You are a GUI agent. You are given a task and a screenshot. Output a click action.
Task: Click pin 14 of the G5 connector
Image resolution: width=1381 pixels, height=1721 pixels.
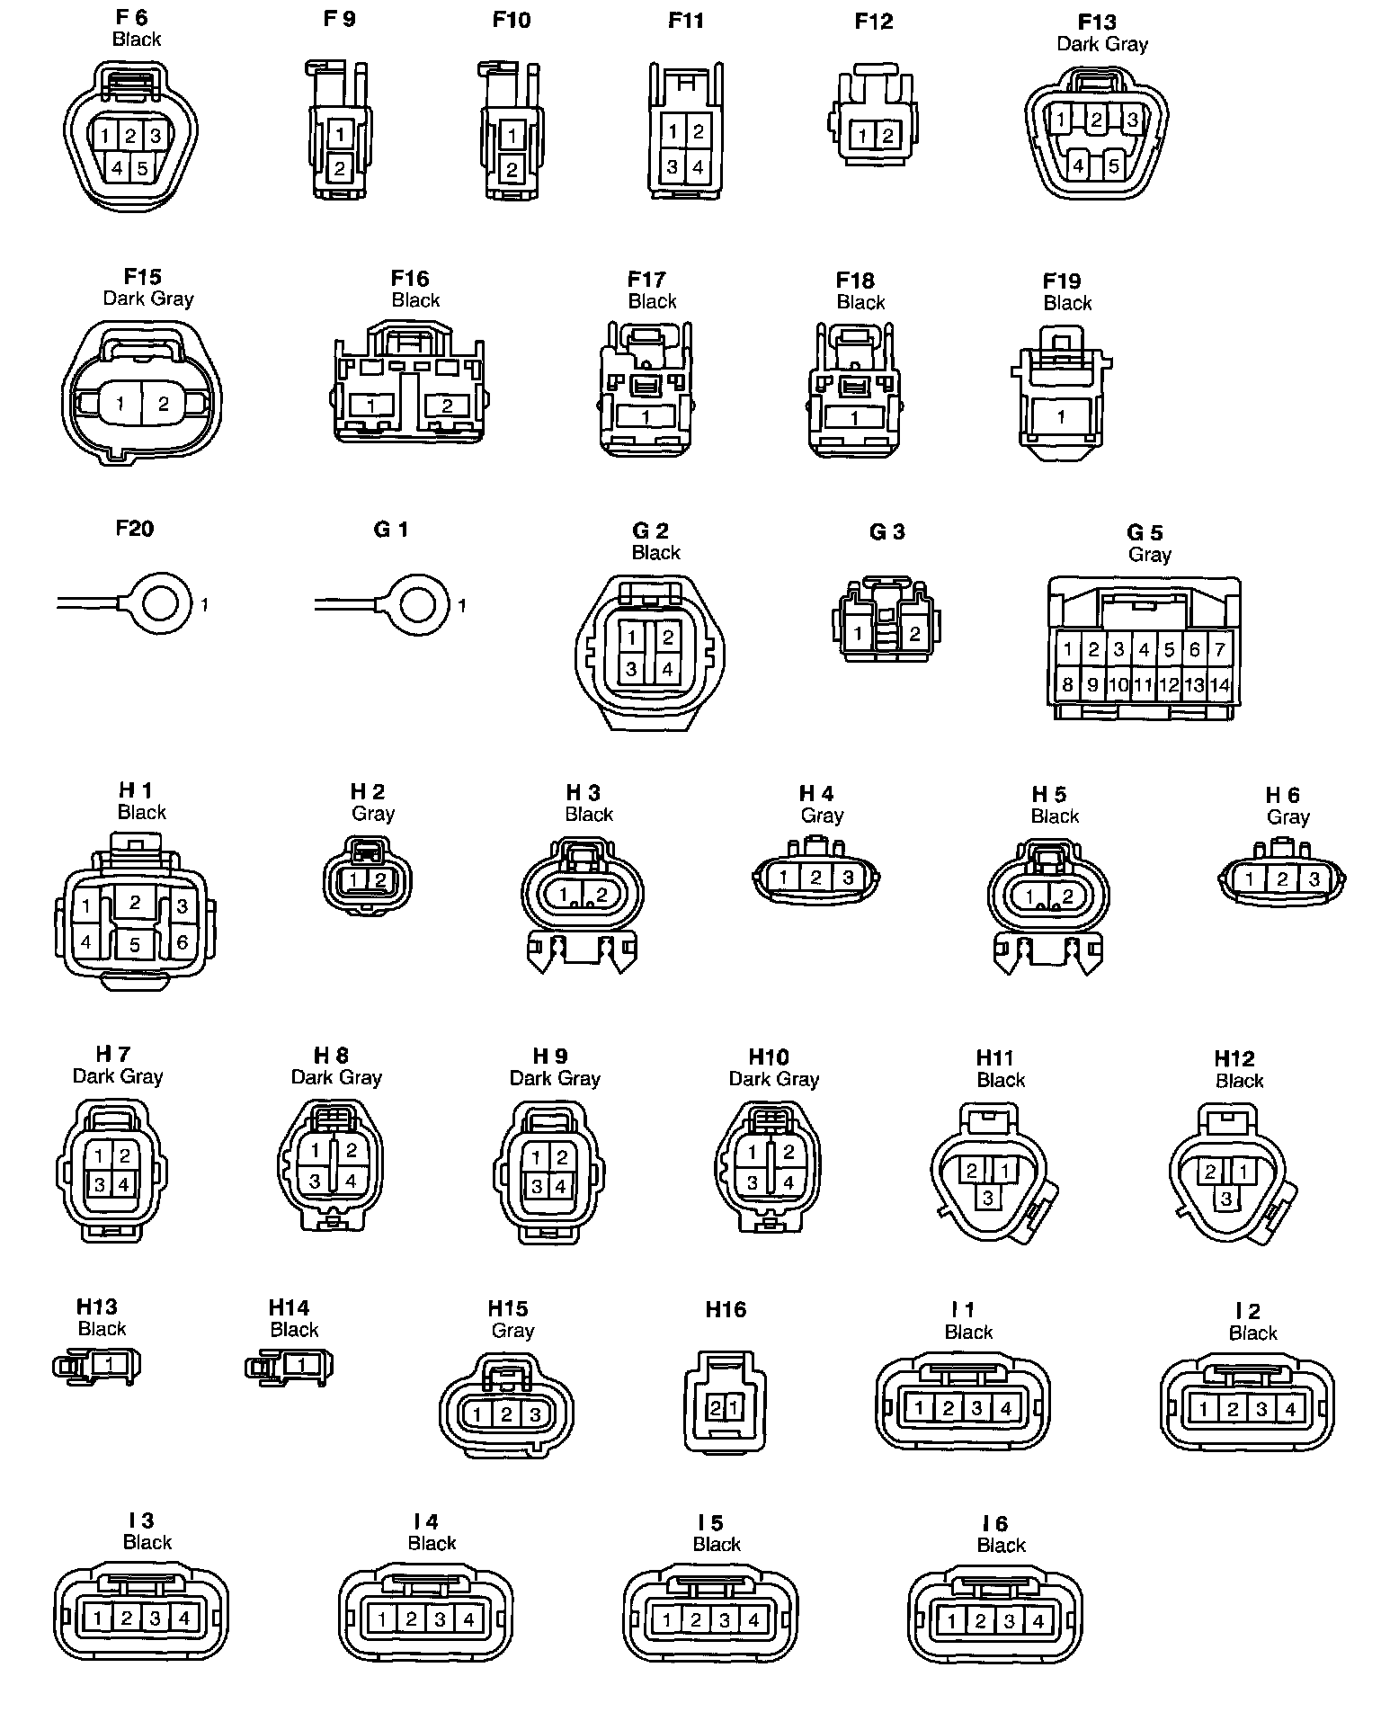coord(1219,684)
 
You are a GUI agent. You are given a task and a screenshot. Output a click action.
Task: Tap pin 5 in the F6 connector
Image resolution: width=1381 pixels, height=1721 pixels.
coord(142,168)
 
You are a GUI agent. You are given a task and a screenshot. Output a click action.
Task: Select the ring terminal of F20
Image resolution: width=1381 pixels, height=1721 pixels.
coord(161,603)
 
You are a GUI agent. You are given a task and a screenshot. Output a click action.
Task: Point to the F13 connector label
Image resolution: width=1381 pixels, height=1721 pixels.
coord(1097,22)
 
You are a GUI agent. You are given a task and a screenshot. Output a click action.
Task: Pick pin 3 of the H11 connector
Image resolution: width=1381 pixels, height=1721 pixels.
coord(988,1198)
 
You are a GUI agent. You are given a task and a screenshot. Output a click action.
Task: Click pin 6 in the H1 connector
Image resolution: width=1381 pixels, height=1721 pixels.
coord(183,942)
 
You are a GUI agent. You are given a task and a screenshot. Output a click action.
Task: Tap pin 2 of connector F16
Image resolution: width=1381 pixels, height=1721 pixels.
coord(447,406)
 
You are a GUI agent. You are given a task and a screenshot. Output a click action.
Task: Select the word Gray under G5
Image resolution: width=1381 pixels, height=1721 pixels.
coord(1149,555)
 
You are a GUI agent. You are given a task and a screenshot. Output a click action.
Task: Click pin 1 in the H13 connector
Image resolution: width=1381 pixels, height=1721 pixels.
coord(110,1363)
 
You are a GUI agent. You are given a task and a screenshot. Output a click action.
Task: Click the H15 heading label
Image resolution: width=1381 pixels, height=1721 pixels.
coord(508,1308)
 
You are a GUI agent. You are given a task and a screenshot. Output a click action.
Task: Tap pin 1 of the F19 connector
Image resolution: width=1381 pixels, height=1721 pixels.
coord(1062,417)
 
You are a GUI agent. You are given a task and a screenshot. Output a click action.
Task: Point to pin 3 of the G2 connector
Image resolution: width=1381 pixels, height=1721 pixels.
coord(632,669)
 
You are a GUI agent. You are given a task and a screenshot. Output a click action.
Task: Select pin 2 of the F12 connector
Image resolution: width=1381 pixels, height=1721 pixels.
coord(888,136)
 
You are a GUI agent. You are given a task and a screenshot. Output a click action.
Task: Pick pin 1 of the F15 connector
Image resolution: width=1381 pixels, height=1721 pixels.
coord(121,405)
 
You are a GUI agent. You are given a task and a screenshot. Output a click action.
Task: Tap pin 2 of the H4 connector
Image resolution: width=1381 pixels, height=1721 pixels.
coord(815,877)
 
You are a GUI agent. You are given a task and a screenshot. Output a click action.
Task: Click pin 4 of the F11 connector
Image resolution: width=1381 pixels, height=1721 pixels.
coord(698,167)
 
